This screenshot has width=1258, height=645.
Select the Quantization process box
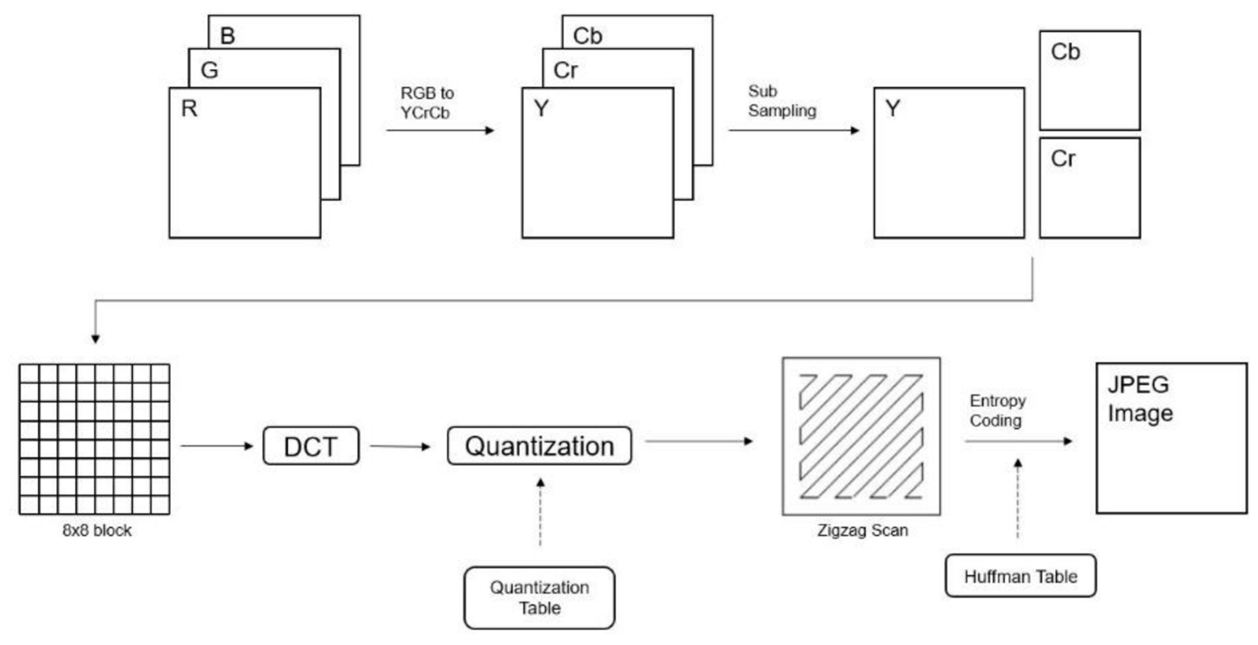(x=539, y=446)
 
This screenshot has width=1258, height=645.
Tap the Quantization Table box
(x=539, y=598)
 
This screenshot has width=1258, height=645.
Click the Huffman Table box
(x=1020, y=576)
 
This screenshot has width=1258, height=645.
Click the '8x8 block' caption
(x=97, y=530)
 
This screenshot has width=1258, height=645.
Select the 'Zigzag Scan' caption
(x=863, y=530)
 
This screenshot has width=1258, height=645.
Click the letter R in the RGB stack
(x=189, y=108)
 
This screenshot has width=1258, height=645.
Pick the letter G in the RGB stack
(x=210, y=70)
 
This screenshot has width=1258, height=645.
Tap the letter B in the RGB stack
(x=227, y=36)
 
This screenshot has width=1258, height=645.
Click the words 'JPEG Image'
(x=1139, y=399)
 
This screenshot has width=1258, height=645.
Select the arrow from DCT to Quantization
(x=399, y=446)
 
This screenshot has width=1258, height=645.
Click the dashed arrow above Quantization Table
(x=540, y=513)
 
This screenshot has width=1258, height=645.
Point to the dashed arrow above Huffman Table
(x=1018, y=498)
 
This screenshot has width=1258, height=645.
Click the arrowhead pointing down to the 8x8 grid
(x=96, y=339)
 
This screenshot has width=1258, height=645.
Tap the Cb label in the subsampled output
(x=1065, y=52)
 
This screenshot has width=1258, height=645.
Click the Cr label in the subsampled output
(x=1063, y=159)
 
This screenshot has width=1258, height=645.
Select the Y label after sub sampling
(x=892, y=108)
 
